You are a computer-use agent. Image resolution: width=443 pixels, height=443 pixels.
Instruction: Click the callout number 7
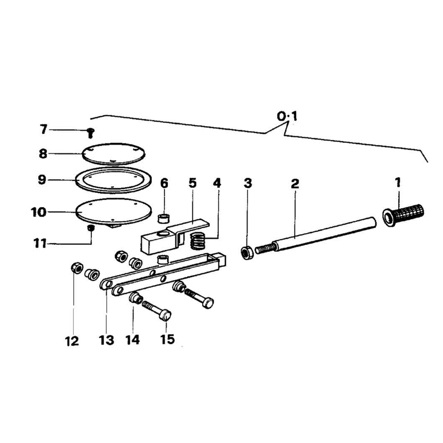point(43,130)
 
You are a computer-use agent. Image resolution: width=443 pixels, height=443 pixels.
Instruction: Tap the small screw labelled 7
point(91,132)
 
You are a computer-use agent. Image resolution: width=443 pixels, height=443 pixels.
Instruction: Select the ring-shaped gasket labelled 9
point(114,180)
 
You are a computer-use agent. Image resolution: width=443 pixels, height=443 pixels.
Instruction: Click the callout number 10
point(38,212)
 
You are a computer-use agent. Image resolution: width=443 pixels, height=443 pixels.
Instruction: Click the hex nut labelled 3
point(246,253)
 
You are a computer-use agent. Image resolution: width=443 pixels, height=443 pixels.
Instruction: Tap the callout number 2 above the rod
point(295,184)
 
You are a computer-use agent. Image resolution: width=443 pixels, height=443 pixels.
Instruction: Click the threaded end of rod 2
point(265,249)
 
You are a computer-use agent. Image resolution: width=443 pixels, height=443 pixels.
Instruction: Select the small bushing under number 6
point(163,218)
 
